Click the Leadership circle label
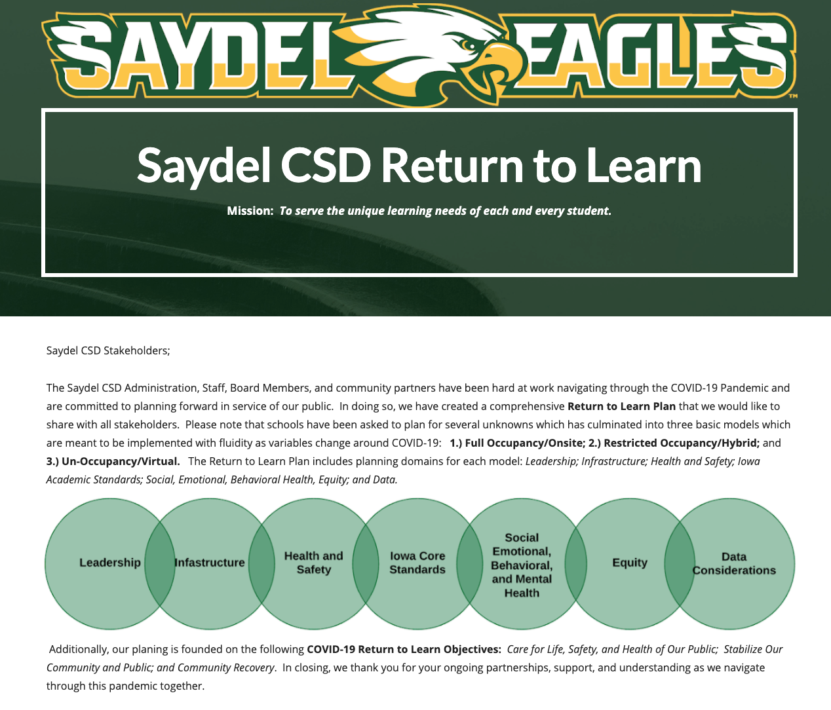click(109, 562)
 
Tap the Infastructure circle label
click(210, 562)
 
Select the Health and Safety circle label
click(313, 563)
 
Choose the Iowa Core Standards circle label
click(417, 563)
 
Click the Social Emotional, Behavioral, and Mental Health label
click(522, 565)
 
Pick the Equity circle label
click(630, 563)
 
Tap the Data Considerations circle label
click(734, 563)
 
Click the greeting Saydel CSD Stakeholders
click(108, 351)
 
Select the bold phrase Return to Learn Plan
click(621, 406)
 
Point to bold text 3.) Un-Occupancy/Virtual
click(113, 461)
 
